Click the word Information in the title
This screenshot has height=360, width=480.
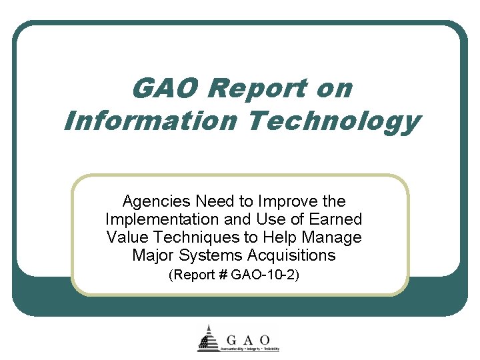(149, 121)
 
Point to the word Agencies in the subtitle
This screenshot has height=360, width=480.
(149, 201)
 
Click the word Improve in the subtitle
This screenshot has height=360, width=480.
(291, 201)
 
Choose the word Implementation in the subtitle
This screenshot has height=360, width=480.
(153, 219)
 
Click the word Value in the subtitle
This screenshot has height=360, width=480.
(125, 237)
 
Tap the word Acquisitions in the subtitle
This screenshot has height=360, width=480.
(291, 255)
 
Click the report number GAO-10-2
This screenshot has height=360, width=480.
(264, 275)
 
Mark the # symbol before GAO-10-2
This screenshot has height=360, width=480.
(223, 275)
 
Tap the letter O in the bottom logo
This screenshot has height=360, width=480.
(265, 339)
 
